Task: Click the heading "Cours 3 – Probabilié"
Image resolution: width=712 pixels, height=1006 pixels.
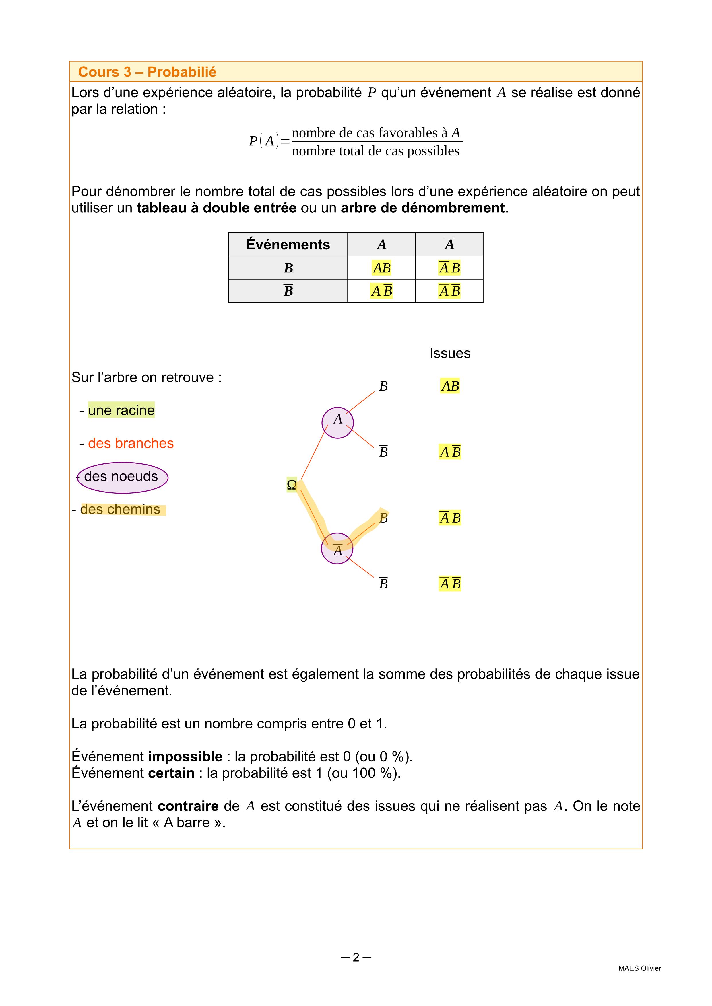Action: point(147,72)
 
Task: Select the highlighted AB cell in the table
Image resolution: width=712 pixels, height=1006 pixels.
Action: point(381,268)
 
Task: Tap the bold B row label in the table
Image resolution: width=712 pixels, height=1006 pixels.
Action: point(288,268)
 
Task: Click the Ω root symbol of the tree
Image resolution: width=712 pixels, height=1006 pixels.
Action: point(292,485)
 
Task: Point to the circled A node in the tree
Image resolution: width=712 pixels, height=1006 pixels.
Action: point(337,422)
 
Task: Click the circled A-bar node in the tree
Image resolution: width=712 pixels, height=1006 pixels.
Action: point(337,549)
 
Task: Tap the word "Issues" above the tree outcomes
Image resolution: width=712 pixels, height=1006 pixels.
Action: point(450,353)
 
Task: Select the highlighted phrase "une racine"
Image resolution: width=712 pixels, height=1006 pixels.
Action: point(121,410)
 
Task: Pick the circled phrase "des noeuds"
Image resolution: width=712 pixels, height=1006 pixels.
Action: point(122,476)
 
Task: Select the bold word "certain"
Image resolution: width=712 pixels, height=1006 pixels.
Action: point(171,773)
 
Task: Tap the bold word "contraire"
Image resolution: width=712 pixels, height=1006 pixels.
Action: point(188,806)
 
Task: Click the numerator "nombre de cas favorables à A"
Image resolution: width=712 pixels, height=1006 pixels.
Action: point(376,133)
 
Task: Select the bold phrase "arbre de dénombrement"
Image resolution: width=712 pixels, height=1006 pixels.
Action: point(423,208)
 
